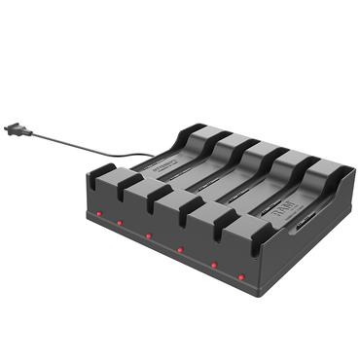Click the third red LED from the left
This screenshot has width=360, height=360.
[148, 236]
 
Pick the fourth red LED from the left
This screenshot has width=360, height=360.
[179, 249]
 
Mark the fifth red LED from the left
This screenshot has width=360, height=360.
[210, 263]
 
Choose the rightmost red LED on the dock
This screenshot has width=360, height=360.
[241, 276]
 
